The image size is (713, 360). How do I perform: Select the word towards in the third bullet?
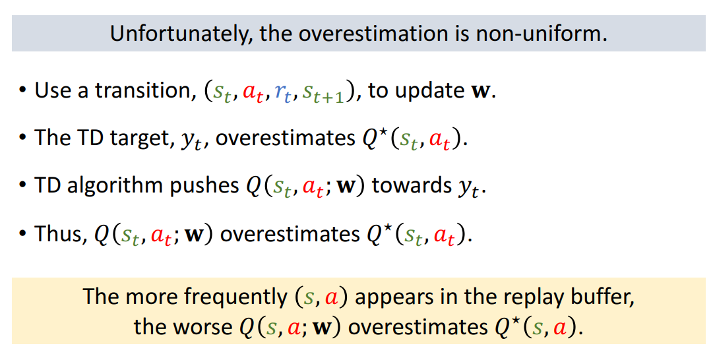[412, 186]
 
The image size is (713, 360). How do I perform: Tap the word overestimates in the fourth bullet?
[290, 234]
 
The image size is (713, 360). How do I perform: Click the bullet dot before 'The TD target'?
[22, 138]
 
